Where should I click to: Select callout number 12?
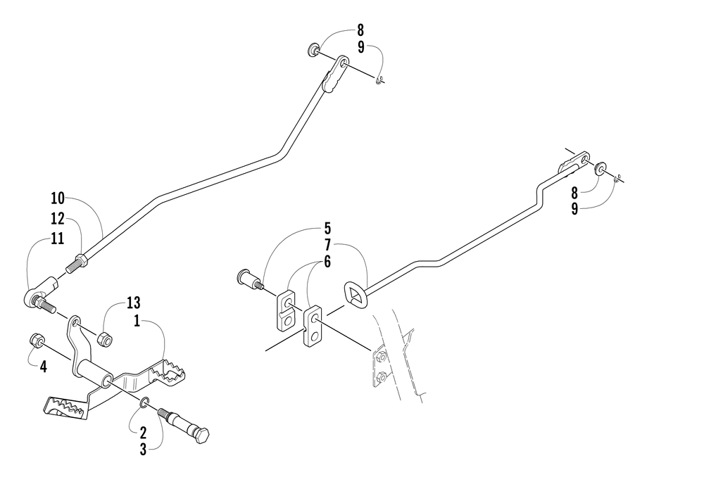[x=58, y=218]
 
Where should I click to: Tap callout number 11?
[x=58, y=239]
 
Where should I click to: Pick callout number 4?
[x=42, y=366]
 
